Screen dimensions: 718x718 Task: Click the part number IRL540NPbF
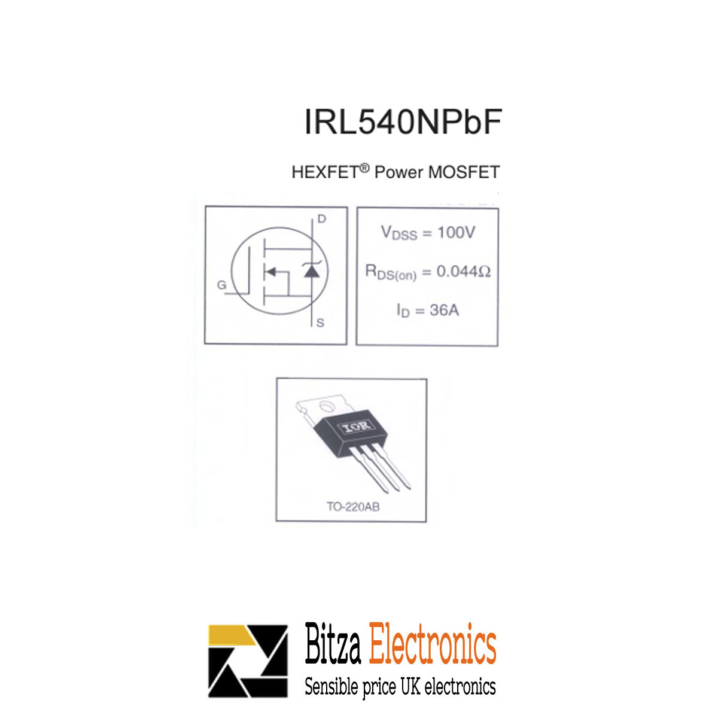tap(402, 122)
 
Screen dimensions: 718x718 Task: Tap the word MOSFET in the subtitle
tap(464, 172)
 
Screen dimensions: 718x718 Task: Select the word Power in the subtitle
tap(398, 172)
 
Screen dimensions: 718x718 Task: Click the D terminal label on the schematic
tap(322, 219)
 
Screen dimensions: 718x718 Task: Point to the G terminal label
tap(221, 285)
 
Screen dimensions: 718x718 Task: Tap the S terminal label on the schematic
tap(320, 323)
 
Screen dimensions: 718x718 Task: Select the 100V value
tap(456, 232)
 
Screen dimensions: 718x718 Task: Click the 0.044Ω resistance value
tap(463, 272)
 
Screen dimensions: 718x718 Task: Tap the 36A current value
tap(444, 310)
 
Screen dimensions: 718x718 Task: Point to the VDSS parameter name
tap(398, 233)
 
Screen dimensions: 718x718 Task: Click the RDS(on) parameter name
tap(391, 273)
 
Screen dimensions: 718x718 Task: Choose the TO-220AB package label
tap(352, 507)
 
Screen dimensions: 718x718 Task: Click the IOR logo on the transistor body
tap(355, 427)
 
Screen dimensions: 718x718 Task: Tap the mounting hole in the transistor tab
tap(327, 407)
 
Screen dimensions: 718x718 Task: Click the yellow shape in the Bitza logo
tap(230, 635)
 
